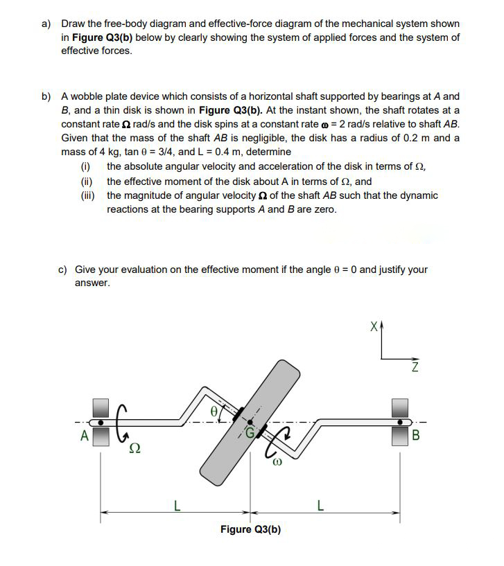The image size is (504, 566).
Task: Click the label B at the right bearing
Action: click(416, 436)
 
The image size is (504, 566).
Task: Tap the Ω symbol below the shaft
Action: click(134, 450)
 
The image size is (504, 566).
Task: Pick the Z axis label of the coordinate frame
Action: click(415, 367)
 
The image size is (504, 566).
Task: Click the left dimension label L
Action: click(176, 506)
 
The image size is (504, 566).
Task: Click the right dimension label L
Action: click(320, 506)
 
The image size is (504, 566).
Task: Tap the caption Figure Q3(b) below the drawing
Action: click(250, 530)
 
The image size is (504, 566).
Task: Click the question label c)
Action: click(62, 269)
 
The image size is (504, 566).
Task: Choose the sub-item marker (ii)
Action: click(87, 182)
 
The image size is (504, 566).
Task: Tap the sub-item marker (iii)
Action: click(89, 195)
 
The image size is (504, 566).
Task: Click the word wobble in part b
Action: click(88, 96)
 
